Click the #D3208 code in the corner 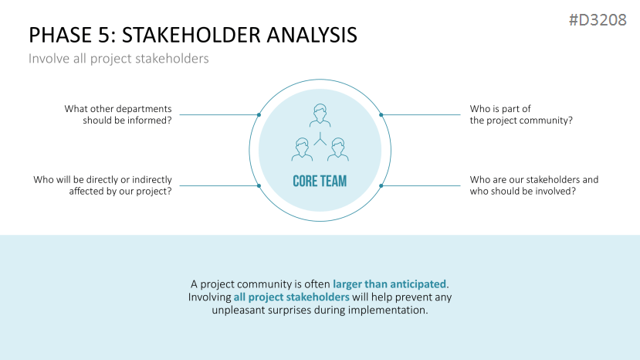coord(598,19)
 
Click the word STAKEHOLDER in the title coord(191,35)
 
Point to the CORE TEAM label coord(320,181)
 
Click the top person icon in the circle coord(320,115)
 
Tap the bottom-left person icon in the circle coord(302,149)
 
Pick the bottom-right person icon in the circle coord(338,149)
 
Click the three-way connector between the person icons coord(320,139)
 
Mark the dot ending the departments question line coord(259,115)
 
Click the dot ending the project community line coord(381,115)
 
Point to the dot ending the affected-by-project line coord(259,186)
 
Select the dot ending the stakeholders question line coord(381,186)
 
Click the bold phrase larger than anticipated coord(389,284)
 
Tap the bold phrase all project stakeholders coord(291,297)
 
